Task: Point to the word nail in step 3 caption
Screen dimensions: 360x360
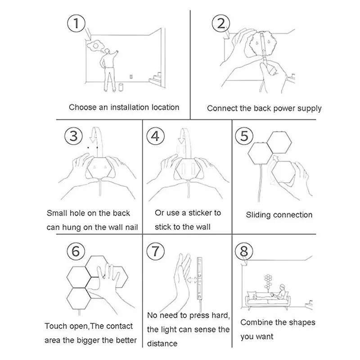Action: coord(130,227)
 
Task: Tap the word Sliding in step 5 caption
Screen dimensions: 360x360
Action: coord(259,215)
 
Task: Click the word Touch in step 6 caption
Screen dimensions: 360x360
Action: coord(55,326)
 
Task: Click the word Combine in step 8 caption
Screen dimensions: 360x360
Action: coord(256,322)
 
